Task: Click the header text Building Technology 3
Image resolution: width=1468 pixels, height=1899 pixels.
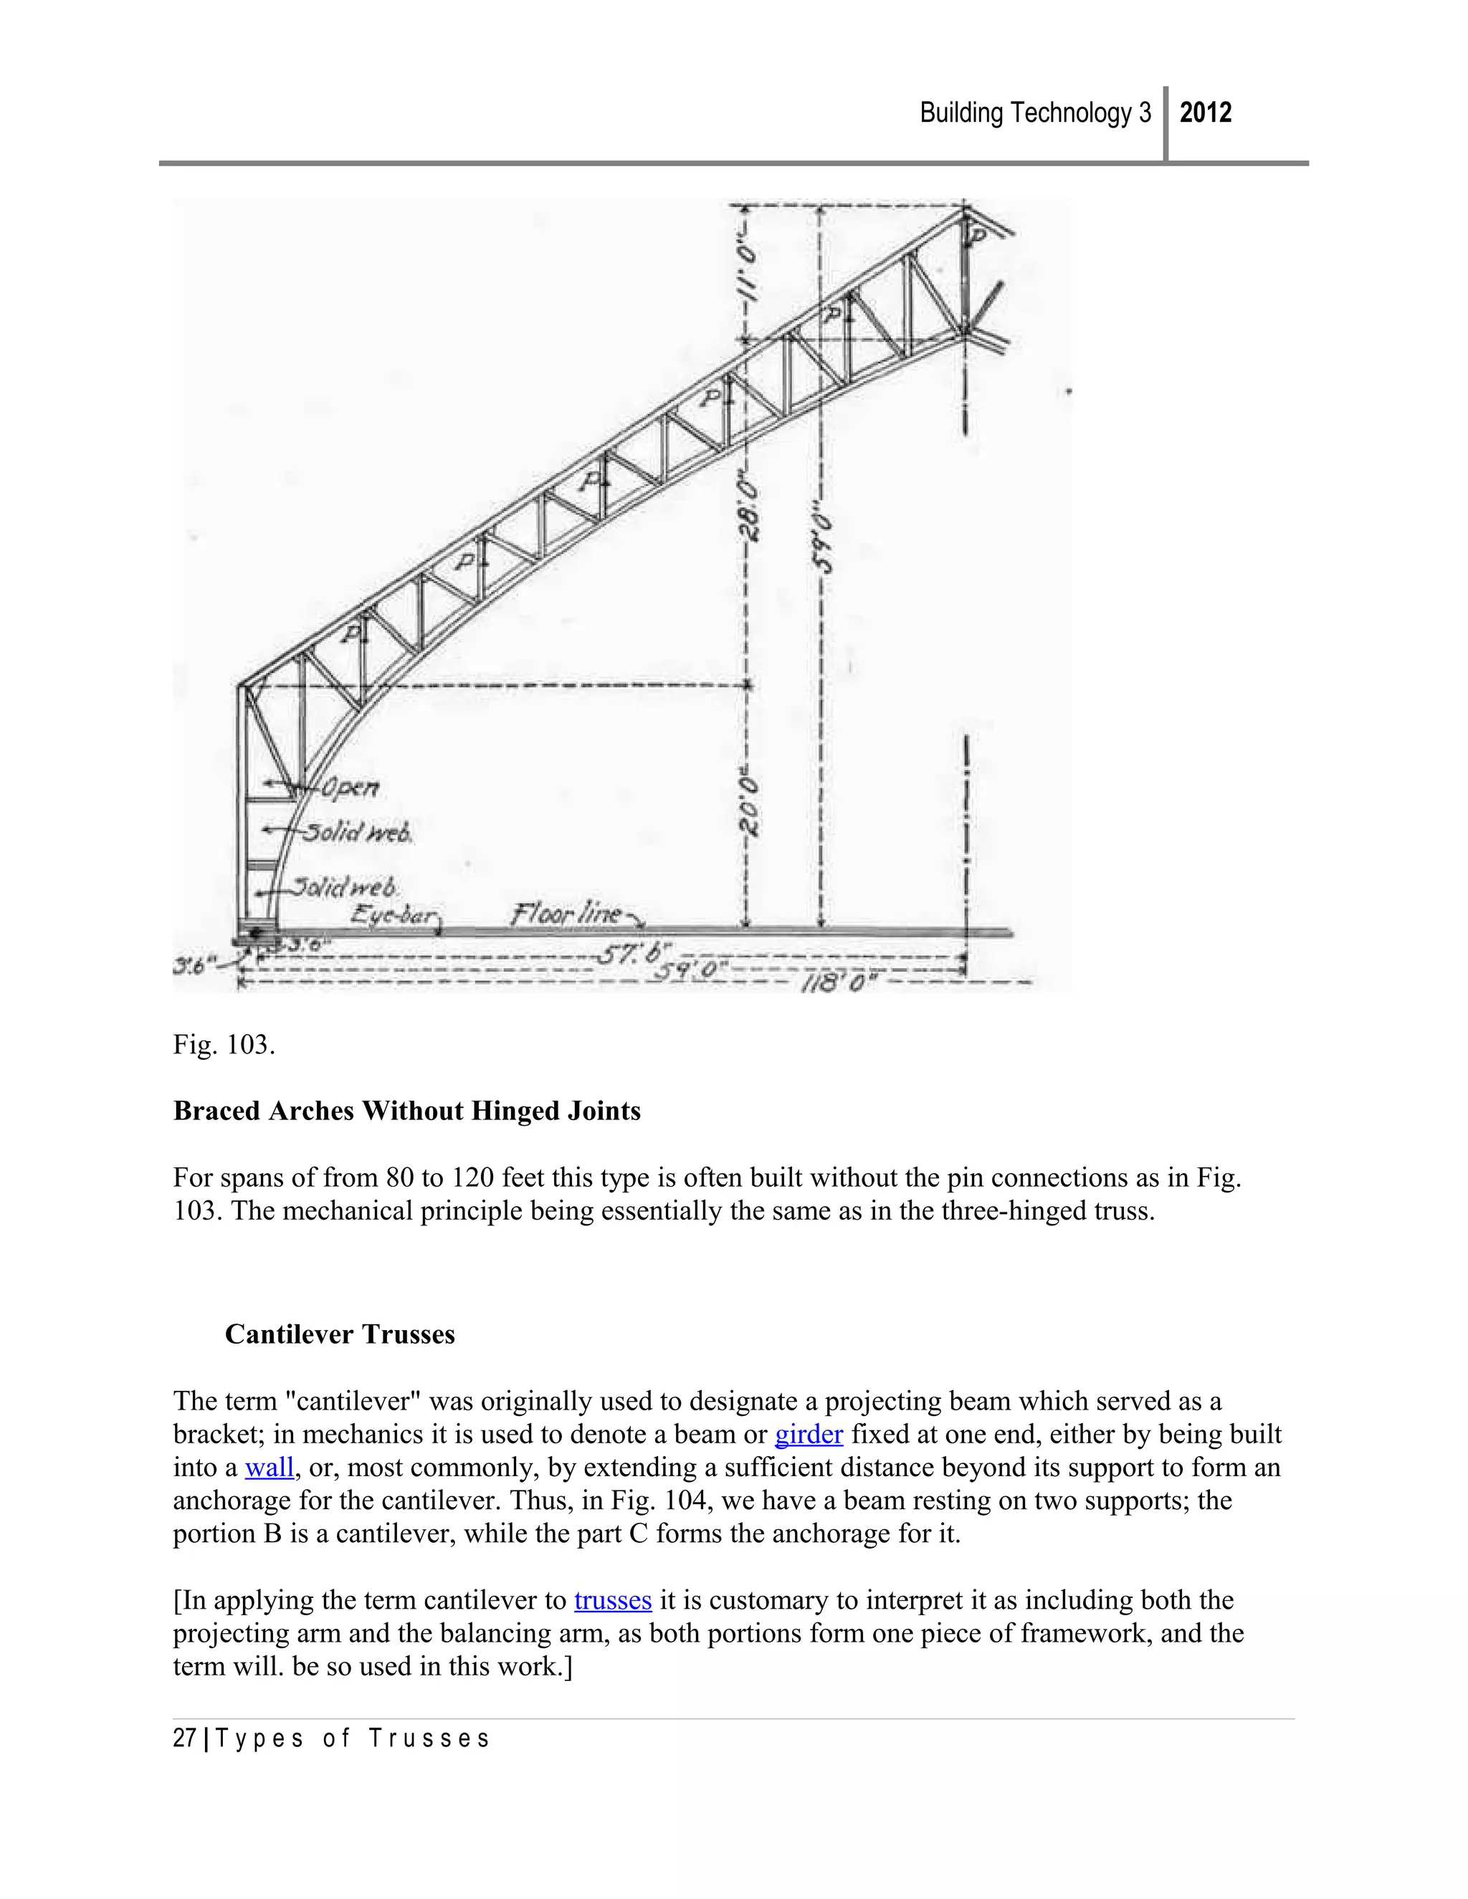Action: (1035, 113)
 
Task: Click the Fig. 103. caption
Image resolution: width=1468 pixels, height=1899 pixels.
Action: (224, 1044)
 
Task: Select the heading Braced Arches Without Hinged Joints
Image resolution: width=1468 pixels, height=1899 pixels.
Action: (406, 1111)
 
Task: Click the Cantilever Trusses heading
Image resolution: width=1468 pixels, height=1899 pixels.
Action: (339, 1335)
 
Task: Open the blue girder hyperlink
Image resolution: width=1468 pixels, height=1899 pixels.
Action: (808, 1435)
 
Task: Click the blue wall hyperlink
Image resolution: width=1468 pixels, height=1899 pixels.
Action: (269, 1468)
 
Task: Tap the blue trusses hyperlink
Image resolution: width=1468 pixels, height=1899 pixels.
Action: (612, 1601)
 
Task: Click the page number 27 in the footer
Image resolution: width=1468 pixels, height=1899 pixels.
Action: (184, 1739)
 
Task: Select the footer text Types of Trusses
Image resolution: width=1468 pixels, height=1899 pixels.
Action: (352, 1739)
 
